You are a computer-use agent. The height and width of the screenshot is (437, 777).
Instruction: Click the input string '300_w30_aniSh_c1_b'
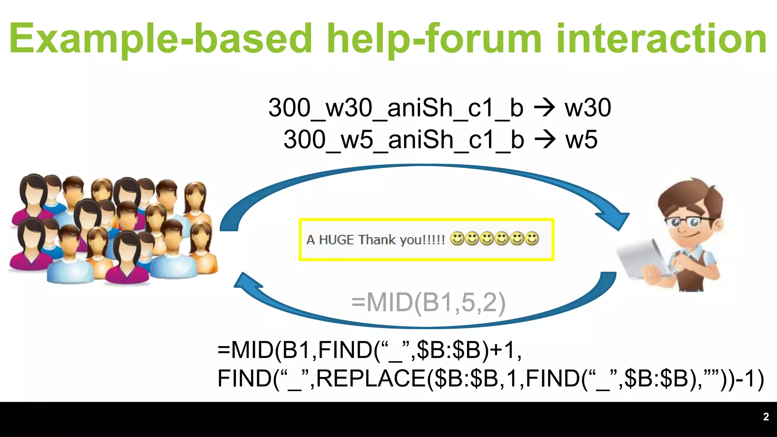point(396,108)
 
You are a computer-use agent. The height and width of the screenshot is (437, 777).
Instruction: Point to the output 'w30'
point(588,108)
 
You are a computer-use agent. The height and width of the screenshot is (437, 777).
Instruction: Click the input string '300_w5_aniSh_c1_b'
point(404,140)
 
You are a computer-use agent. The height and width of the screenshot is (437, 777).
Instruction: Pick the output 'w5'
point(581,140)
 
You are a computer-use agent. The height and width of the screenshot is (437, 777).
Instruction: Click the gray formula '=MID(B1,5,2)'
point(428,303)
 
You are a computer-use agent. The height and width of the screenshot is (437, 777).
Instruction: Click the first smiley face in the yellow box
point(457,239)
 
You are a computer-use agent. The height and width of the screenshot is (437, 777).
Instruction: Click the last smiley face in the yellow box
point(532,239)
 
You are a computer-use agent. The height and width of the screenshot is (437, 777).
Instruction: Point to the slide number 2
point(766,417)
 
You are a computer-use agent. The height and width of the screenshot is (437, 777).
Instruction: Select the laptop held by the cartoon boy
point(641,258)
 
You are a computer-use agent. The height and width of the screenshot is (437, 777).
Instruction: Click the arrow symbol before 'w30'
point(544,108)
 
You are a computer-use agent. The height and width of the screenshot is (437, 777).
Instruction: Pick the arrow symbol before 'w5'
point(545,140)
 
